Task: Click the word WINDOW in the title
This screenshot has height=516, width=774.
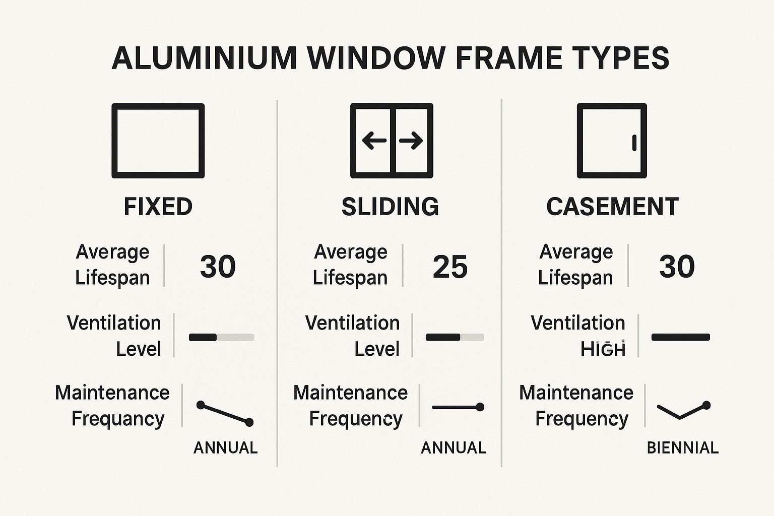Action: (x=376, y=57)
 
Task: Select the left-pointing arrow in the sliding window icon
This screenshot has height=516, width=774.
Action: (x=374, y=140)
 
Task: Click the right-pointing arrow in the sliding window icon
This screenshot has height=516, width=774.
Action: (x=411, y=140)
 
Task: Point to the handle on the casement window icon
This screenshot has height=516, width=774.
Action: (x=634, y=143)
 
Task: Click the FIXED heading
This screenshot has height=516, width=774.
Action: (x=158, y=207)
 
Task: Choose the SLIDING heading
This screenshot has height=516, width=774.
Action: (x=390, y=207)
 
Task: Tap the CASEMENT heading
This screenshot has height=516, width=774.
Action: (x=612, y=207)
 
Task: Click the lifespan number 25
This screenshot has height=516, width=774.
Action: (x=450, y=267)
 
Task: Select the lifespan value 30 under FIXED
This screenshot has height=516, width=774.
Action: (x=218, y=266)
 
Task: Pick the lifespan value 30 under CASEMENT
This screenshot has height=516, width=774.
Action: (x=677, y=266)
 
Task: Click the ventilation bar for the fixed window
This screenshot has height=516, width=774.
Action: (x=222, y=337)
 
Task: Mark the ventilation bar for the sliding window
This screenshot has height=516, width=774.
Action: (x=455, y=337)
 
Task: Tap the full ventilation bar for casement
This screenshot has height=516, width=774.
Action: (x=681, y=337)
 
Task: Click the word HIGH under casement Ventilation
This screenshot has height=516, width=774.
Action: (x=603, y=349)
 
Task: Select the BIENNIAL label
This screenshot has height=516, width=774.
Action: (x=683, y=448)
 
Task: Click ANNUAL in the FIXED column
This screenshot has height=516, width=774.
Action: (x=226, y=448)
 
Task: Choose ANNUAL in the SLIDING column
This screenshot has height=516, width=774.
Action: (x=454, y=448)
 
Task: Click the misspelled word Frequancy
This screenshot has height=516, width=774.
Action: (x=118, y=419)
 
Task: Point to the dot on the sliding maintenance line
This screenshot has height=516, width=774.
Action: (x=480, y=407)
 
